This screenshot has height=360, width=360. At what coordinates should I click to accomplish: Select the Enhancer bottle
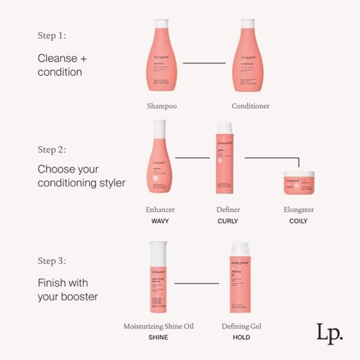[x=159, y=163]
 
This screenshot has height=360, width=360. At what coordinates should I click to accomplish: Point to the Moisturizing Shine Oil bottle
[x=159, y=278]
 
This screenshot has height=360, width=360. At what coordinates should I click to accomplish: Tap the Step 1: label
[x=52, y=36]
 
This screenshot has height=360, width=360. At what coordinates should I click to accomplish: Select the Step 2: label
[x=53, y=149]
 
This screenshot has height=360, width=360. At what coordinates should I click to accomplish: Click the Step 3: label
[x=53, y=260]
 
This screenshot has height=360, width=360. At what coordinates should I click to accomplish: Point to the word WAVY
[x=159, y=221]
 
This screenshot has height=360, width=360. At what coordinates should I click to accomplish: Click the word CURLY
[x=227, y=221]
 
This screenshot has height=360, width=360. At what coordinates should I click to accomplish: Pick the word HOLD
[x=241, y=337]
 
